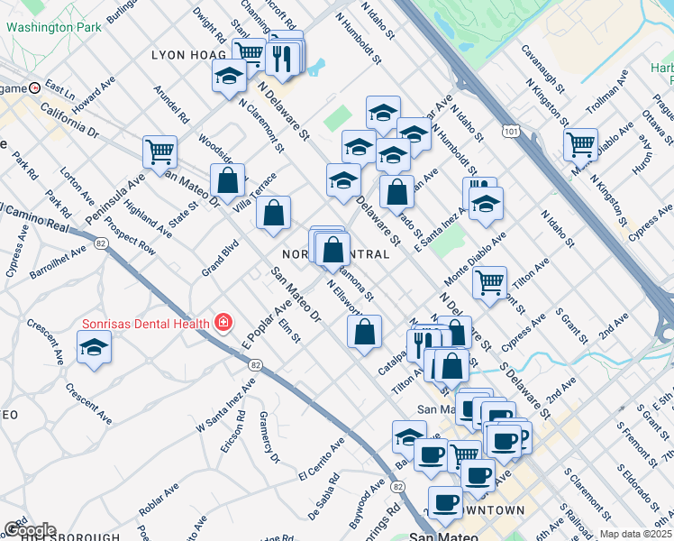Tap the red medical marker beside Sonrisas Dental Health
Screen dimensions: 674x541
(x=222, y=323)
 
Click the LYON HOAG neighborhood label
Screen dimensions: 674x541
(x=188, y=55)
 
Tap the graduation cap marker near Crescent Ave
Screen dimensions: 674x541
(x=94, y=349)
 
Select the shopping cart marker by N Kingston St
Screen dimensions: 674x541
(x=581, y=143)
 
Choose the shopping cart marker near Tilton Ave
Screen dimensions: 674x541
(x=490, y=282)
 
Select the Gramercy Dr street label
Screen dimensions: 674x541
(x=267, y=437)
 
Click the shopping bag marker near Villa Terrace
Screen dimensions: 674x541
(x=273, y=213)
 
